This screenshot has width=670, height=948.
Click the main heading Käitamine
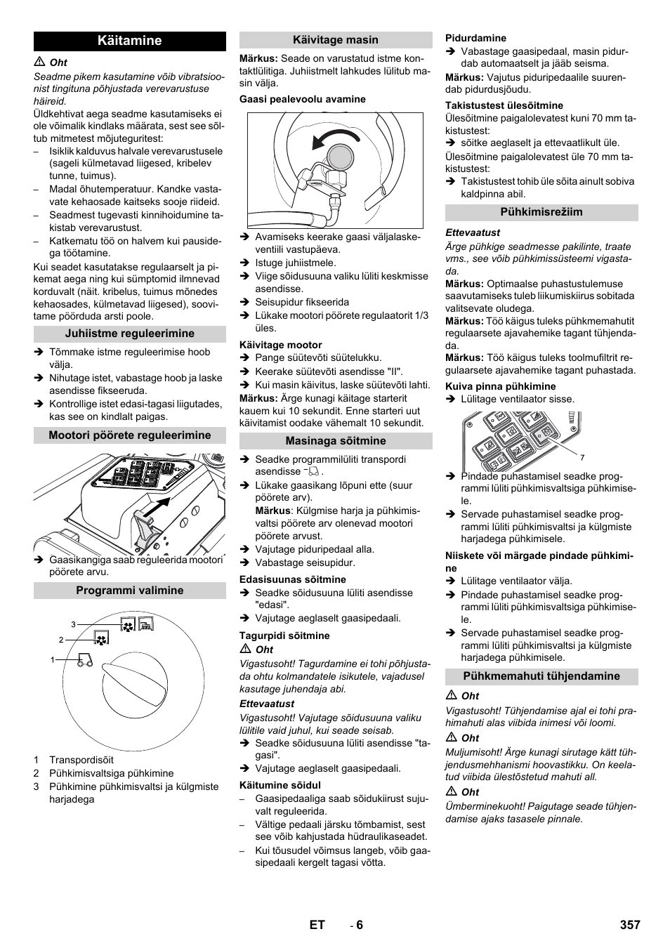pyautogui.click(x=130, y=41)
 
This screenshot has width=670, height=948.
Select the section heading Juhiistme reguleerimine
pyautogui.click(x=130, y=334)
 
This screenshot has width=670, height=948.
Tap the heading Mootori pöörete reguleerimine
pyautogui.click(x=130, y=435)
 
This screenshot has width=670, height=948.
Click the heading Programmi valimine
pyautogui.click(x=130, y=591)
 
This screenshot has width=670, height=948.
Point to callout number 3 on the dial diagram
pyautogui.click(x=73, y=624)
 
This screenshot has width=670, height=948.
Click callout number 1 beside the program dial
pyautogui.click(x=52, y=659)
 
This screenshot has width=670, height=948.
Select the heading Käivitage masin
pyautogui.click(x=336, y=40)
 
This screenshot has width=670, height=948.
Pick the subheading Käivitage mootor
pyautogui.click(x=280, y=345)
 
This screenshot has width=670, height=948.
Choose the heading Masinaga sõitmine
pyautogui.click(x=336, y=441)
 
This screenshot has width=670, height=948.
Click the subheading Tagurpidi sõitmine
pyautogui.click(x=284, y=636)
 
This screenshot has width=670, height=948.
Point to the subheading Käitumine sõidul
pyautogui.click(x=280, y=785)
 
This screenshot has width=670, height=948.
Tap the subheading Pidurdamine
pyautogui.click(x=475, y=38)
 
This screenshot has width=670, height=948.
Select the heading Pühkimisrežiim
pyautogui.click(x=541, y=212)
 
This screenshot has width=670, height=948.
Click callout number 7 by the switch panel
pyautogui.click(x=582, y=458)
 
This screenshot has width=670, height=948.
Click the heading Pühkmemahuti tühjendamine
pyautogui.click(x=541, y=676)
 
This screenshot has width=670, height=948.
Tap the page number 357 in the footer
pyautogui.click(x=630, y=925)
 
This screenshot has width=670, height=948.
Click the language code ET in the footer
pyautogui.click(x=317, y=925)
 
